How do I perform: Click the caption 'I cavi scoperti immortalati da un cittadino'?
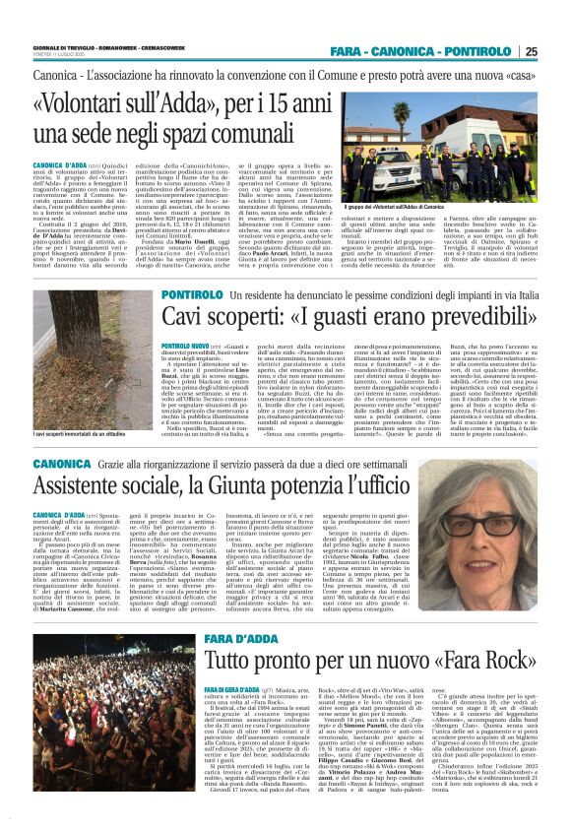coord(82,435)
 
